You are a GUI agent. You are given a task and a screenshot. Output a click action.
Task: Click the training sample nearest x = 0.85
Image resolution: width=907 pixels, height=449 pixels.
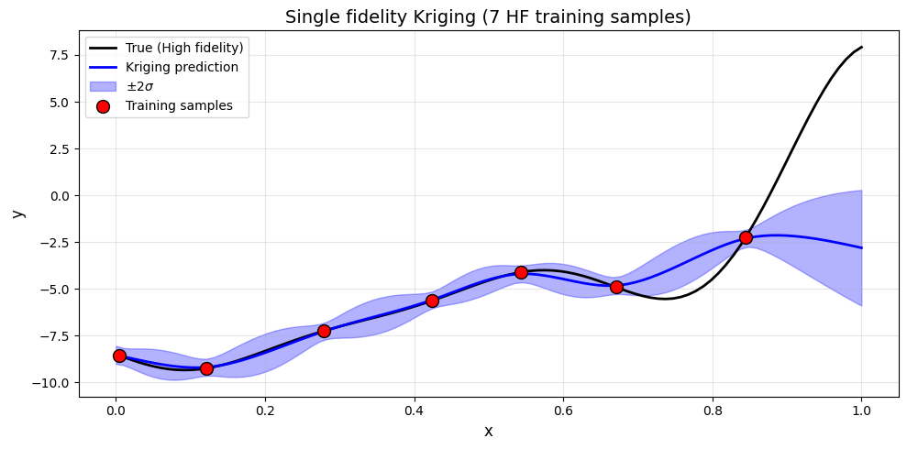coord(746,237)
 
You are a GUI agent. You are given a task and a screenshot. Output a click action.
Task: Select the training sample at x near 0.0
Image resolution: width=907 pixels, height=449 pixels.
coord(119,356)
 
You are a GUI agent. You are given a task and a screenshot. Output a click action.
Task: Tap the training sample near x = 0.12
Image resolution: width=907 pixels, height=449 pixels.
coord(206,368)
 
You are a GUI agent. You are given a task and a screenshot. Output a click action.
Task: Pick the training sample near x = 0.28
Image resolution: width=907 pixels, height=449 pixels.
coord(324,331)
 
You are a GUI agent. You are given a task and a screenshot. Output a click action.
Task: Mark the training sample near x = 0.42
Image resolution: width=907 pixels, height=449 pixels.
coord(432,301)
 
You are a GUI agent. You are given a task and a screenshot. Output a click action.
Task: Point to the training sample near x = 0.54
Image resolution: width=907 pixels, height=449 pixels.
coord(521,272)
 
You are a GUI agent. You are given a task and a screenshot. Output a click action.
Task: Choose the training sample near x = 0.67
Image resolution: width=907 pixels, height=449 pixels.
coord(616,287)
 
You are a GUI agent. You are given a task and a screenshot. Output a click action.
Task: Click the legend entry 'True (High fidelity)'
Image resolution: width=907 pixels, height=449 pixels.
coord(183,48)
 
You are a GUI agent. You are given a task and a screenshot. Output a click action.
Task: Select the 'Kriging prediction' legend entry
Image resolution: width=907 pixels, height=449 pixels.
coord(182,67)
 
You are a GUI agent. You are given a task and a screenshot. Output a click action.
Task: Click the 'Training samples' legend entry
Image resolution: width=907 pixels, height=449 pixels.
coord(179,105)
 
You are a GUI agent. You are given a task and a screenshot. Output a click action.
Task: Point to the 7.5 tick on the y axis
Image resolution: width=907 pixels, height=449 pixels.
coord(59,55)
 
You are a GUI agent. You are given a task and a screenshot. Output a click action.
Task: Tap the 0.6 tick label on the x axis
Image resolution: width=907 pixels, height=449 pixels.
coord(563,411)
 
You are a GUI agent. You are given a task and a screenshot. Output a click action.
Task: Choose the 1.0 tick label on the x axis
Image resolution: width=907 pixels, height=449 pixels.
coord(861,411)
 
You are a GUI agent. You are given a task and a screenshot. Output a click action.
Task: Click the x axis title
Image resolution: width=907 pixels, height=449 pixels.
coord(489,431)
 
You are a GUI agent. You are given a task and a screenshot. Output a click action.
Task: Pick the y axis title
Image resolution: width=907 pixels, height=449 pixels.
coord(18,211)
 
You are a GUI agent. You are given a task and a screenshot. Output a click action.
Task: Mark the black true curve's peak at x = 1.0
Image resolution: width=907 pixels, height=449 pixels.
coord(861,47)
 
